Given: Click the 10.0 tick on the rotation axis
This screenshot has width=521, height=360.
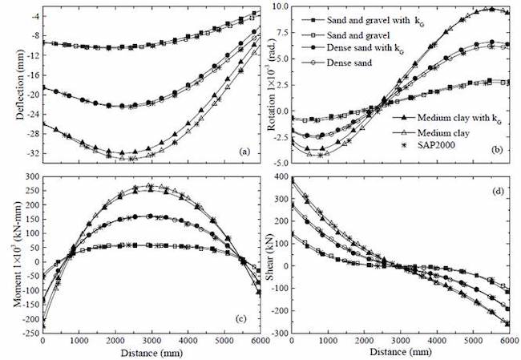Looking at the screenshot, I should [280, 6].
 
